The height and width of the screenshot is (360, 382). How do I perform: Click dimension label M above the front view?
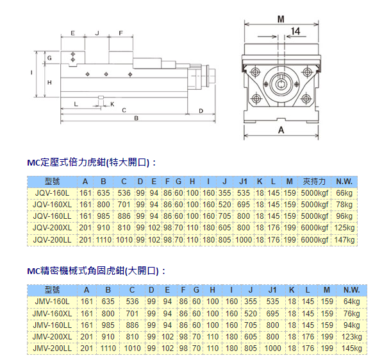pos(281,19)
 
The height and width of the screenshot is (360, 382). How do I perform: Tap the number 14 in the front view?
pos(295,31)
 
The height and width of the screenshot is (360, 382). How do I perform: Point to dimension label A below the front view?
pos(281,130)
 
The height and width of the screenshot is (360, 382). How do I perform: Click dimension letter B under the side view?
pos(136,118)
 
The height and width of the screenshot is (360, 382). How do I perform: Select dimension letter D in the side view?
pos(201,111)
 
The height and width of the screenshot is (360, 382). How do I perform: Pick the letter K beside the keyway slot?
pos(112,105)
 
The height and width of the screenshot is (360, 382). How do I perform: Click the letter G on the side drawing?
pos(49,58)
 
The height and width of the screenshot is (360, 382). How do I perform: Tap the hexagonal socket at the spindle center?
pos(281,85)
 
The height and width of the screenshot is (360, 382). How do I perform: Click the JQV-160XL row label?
pos(52,205)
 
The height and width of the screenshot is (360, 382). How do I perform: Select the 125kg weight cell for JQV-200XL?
pos(344,228)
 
